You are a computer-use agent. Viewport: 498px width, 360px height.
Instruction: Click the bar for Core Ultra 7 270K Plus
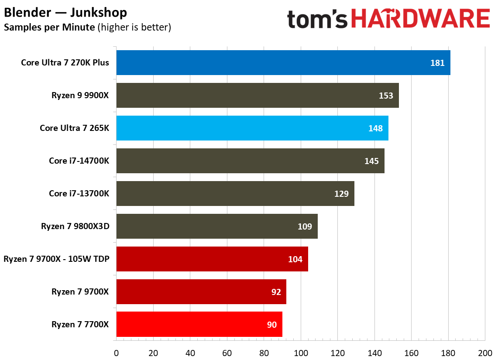[283, 63]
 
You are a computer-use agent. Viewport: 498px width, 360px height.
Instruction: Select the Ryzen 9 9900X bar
[257, 96]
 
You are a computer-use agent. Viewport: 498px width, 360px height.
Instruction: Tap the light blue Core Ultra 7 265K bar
[252, 128]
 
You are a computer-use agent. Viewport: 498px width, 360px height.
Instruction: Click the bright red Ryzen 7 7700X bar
[199, 324]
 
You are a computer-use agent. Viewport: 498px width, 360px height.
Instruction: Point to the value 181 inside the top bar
[437, 63]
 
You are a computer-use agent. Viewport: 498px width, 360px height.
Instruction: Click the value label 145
[371, 161]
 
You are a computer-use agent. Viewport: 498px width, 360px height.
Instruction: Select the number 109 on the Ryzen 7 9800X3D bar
[305, 226]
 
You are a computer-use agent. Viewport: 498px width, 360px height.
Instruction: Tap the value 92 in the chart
[276, 292]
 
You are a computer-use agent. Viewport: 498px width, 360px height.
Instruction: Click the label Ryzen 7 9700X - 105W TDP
[56, 259]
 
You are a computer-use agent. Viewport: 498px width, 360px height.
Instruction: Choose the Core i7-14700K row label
[79, 161]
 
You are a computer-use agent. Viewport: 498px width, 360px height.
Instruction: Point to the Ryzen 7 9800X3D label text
[75, 226]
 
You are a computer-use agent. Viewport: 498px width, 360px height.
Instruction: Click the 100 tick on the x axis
[300, 353]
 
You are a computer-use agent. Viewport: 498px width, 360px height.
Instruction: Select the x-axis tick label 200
[484, 353]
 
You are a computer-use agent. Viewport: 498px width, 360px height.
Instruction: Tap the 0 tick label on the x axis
[116, 353]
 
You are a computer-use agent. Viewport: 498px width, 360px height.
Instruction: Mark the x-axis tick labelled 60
[227, 353]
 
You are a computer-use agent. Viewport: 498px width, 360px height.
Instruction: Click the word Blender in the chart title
[26, 13]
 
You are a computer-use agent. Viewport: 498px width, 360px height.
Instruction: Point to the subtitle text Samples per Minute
[49, 27]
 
